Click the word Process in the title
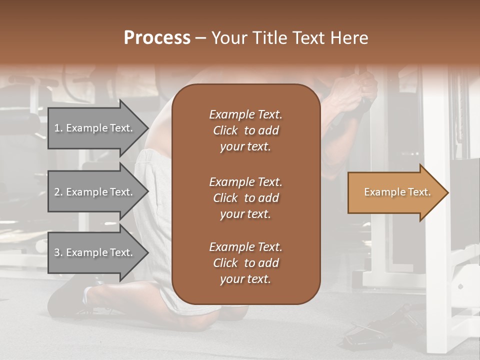click(x=157, y=38)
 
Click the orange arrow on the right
click(x=395, y=192)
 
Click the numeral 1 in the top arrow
click(x=57, y=128)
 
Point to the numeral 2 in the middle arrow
click(x=57, y=192)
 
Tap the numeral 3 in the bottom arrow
click(x=57, y=252)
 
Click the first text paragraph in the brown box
click(x=245, y=130)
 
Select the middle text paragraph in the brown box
click(x=245, y=198)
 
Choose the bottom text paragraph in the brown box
click(x=245, y=263)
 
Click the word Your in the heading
click(x=228, y=38)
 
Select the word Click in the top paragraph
click(x=225, y=130)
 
